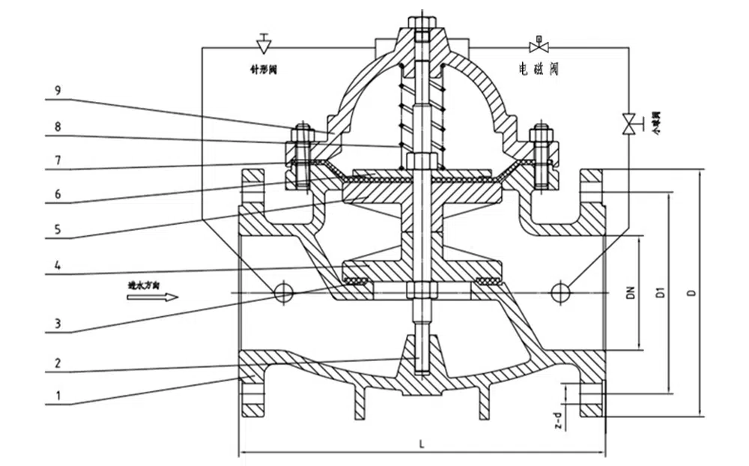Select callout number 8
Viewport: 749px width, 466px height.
[58, 128]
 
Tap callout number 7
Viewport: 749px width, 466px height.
[58, 160]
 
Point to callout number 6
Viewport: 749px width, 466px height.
[58, 195]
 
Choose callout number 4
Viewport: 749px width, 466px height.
[58, 266]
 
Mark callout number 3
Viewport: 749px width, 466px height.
[58, 324]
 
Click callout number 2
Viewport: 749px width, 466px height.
[58, 362]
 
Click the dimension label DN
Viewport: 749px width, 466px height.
[631, 293]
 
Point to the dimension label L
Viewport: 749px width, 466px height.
[422, 444]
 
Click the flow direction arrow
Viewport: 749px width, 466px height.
[152, 297]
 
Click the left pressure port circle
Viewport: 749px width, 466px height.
[284, 292]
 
